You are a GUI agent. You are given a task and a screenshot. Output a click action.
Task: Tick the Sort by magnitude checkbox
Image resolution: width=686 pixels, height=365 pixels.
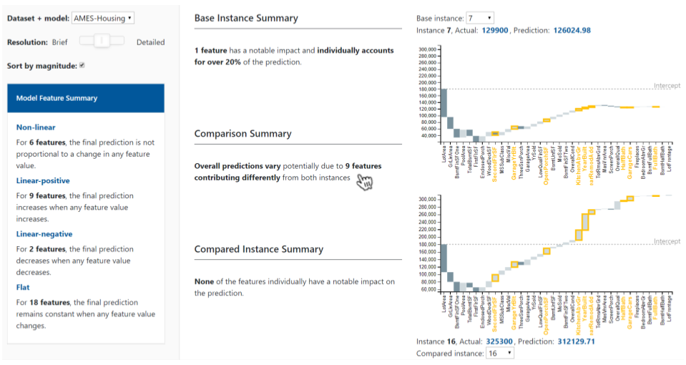[82, 66]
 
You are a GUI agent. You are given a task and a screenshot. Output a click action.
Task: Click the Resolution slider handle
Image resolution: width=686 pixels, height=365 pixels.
[102, 42]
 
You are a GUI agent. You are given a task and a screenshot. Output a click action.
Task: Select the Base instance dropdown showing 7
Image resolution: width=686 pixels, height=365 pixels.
[479, 17]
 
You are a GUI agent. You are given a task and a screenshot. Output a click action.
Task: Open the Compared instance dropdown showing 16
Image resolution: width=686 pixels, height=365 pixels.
[499, 354]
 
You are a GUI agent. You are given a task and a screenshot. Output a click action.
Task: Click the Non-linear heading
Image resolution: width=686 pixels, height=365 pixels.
[36, 127]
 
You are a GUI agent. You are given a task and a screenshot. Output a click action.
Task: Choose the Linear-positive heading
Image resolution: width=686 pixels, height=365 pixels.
[43, 180]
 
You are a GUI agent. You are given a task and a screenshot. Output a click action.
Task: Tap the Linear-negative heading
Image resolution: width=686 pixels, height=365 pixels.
[44, 234]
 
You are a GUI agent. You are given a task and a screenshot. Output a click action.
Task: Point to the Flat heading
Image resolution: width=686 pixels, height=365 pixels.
[23, 288]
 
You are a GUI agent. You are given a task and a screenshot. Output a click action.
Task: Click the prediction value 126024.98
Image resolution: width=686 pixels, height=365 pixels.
[572, 30]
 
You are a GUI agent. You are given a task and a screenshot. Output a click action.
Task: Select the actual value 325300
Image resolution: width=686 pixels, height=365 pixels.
[499, 341]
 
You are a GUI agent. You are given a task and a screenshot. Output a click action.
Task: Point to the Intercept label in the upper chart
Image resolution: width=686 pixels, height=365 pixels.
[667, 86]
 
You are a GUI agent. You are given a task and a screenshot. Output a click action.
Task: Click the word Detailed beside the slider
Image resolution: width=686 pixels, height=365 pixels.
[150, 42]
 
